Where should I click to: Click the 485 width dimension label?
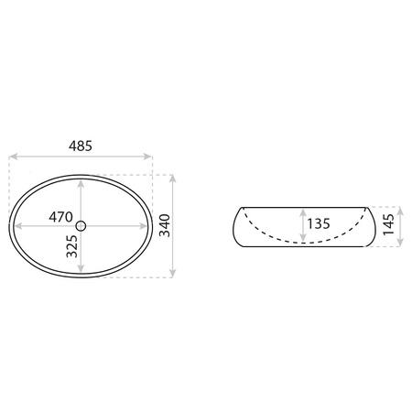pos(81,146)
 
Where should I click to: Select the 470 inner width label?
pos(60,217)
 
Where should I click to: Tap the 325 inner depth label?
pos(72,246)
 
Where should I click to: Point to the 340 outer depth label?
pos(165,225)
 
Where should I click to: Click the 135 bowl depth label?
pos(319,223)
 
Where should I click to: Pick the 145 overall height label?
pos(388,224)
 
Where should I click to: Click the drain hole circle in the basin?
pos(81,226)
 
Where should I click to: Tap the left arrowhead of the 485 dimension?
pos(13,157)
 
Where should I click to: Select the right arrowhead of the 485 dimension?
pos(147,157)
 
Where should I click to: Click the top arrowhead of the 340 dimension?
pos(173,179)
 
